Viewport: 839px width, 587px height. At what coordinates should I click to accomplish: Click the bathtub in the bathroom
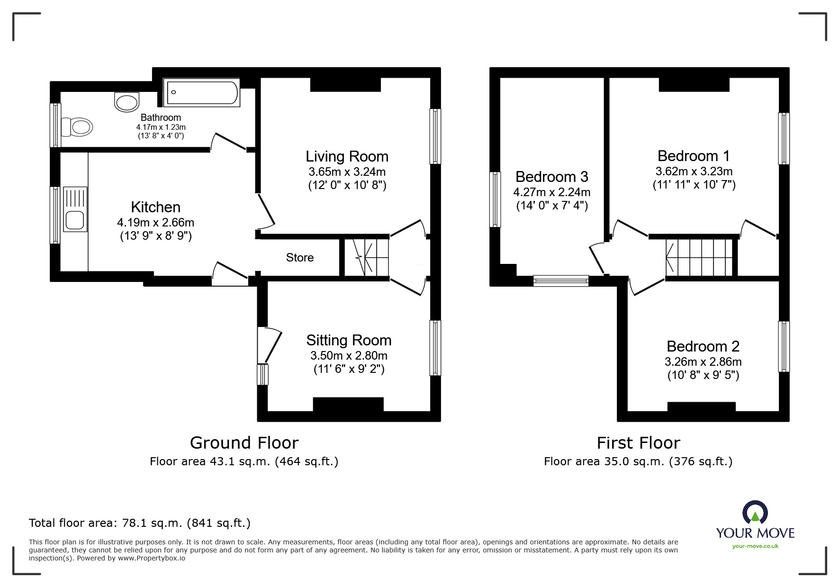(201, 92)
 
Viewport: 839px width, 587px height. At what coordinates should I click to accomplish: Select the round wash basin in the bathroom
(127, 102)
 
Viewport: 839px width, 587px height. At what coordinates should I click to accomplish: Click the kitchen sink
(75, 209)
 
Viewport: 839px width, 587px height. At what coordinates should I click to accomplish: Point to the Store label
(300, 257)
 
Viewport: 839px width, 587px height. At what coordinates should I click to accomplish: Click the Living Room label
(347, 156)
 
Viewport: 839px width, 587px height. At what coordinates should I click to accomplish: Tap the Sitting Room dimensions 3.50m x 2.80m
(349, 355)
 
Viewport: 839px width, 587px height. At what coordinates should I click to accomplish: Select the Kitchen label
(155, 207)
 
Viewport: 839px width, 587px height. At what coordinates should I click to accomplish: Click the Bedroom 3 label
(552, 177)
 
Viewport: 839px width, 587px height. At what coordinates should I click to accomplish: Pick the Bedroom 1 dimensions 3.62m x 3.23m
(694, 171)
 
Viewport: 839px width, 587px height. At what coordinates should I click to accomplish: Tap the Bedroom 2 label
(703, 346)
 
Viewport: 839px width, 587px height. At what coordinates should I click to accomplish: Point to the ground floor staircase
(366, 257)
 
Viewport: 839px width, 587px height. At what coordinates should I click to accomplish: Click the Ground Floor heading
(244, 443)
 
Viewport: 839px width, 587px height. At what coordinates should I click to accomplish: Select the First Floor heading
(638, 443)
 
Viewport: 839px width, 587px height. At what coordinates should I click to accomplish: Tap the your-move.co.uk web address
(755, 546)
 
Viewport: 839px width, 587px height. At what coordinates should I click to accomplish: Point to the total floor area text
(140, 523)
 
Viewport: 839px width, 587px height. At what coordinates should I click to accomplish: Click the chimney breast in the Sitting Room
(348, 404)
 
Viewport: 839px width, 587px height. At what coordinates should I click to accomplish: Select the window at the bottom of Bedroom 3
(561, 281)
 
